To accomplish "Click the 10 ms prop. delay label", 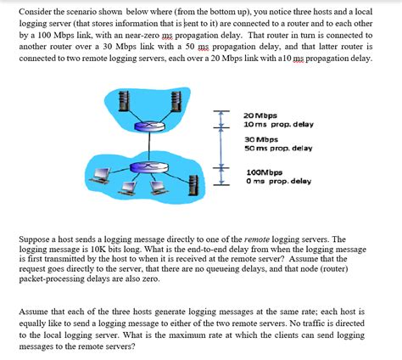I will [x=277, y=124].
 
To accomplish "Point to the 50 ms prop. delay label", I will [x=278, y=148].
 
